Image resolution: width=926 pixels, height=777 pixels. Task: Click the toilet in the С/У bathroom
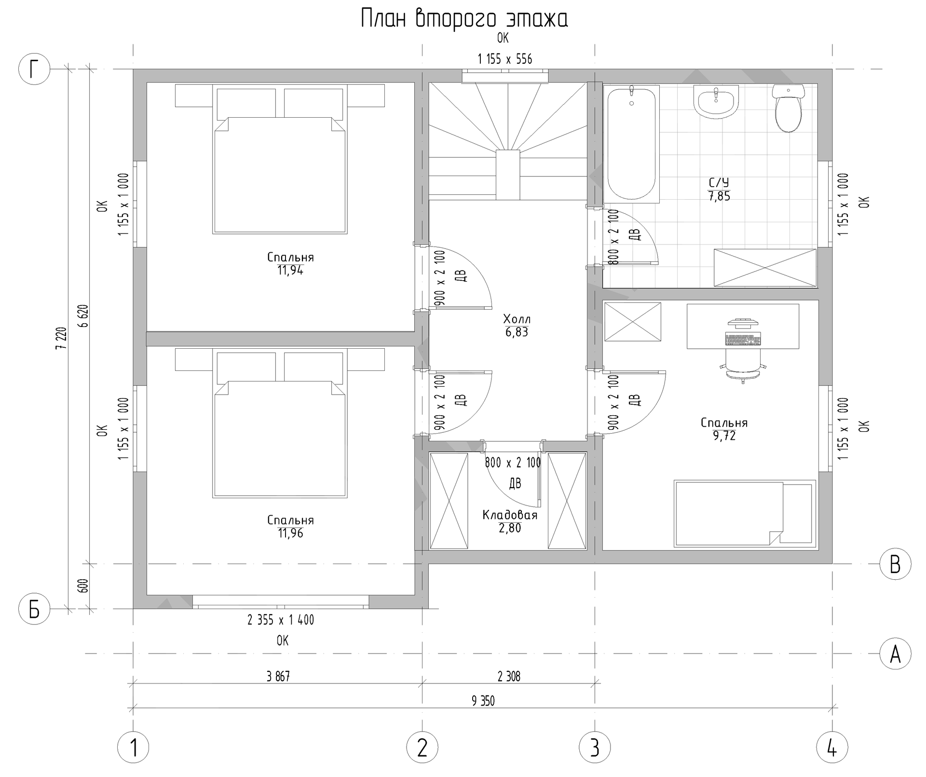click(788, 109)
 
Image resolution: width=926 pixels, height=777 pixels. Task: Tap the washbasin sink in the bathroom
click(716, 102)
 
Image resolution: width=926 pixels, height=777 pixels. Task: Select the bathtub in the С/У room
click(631, 144)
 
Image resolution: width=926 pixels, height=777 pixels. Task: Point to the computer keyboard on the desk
click(743, 340)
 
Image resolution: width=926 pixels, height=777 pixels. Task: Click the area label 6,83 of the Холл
click(517, 332)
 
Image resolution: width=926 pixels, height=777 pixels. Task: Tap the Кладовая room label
click(510, 515)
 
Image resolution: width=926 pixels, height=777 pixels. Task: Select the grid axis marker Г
click(34, 69)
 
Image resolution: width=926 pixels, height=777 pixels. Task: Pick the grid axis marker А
click(895, 654)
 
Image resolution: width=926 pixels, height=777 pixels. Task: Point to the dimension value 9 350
click(483, 701)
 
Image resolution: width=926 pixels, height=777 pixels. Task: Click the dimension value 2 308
click(509, 677)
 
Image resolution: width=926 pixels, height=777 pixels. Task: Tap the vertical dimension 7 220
click(61, 338)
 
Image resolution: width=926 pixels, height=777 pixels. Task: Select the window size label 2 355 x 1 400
click(281, 620)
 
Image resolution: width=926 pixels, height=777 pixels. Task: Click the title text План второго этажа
click(464, 19)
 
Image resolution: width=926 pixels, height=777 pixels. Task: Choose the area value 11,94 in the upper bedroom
click(290, 271)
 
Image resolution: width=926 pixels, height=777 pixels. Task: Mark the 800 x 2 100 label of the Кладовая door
click(513, 463)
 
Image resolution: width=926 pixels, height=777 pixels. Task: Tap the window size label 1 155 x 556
click(505, 59)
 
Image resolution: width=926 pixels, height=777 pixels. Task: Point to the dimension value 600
click(82, 586)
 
